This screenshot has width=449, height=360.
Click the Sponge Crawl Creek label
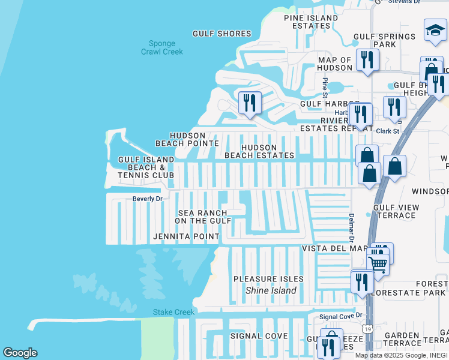point(162,47)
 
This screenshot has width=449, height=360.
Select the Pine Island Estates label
point(311,22)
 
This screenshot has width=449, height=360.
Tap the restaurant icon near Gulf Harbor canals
point(250,102)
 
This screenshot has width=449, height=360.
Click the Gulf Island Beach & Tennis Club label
point(146,167)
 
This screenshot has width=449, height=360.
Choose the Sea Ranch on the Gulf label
point(203,217)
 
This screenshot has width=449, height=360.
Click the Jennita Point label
point(186,236)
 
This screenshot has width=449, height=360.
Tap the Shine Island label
point(271,290)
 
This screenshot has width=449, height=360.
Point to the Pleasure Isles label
point(268,279)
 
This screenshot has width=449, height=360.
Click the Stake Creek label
point(173,312)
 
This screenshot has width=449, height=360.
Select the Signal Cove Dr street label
point(341,316)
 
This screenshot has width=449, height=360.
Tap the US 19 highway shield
point(366,329)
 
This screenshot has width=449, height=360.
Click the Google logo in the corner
point(20,353)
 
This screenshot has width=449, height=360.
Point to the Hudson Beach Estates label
point(259,151)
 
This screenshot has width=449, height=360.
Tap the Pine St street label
point(325,87)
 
